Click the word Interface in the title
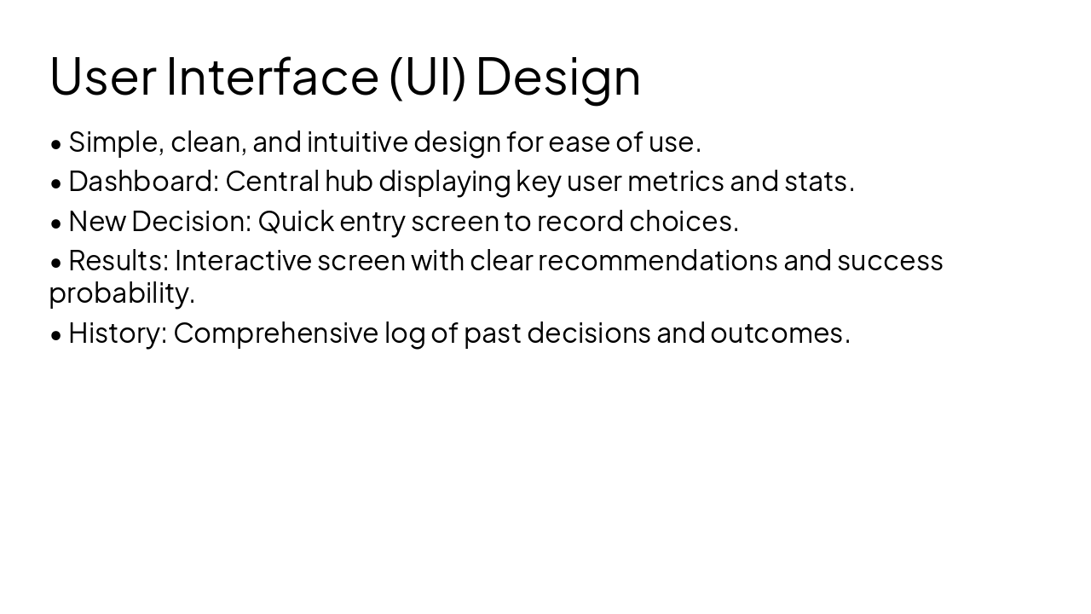(x=272, y=76)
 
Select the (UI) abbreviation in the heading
(x=427, y=77)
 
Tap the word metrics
(x=675, y=181)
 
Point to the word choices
(x=683, y=221)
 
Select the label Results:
(x=118, y=260)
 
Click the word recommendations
(x=657, y=260)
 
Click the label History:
(x=118, y=333)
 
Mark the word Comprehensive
(x=275, y=333)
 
